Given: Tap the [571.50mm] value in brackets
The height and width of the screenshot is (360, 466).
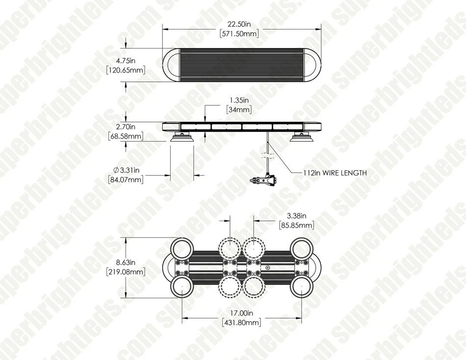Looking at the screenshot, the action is [239, 33].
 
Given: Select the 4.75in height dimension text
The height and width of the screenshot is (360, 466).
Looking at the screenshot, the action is [126, 61].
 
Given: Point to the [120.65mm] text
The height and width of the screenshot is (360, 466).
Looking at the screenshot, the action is [126, 70].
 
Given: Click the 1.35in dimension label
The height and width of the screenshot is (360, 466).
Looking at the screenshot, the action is [239, 100].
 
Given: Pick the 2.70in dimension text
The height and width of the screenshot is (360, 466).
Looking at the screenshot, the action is [126, 127].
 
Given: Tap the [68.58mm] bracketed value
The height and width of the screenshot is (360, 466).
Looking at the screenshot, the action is [126, 136].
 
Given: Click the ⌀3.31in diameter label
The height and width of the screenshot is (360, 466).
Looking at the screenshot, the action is [126, 170].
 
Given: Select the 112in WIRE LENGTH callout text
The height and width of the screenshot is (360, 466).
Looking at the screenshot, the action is [335, 173].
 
